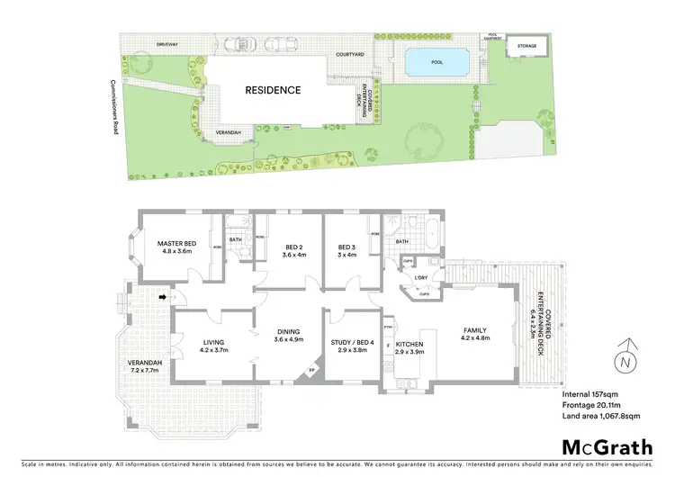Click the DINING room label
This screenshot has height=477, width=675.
(x=287, y=337)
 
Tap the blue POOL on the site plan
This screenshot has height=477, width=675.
(x=436, y=63)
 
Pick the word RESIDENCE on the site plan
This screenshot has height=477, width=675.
(x=273, y=90)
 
